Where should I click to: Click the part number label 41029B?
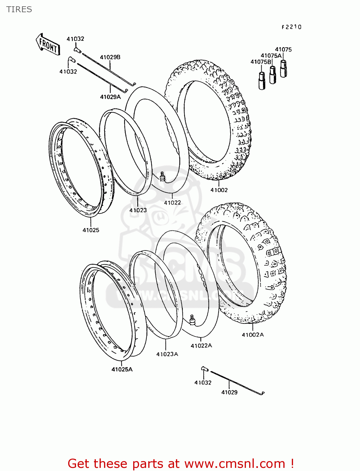point(110,57)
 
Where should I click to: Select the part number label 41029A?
point(110,97)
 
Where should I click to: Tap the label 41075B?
point(260,62)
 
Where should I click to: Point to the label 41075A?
point(271,56)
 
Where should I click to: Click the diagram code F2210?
point(291,27)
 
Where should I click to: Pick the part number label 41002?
point(219,190)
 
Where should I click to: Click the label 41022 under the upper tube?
point(172,203)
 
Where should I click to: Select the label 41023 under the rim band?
point(138,210)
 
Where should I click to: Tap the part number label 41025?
point(91,230)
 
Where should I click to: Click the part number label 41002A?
point(253,335)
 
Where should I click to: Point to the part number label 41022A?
point(201,346)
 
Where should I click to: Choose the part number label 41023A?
point(167,354)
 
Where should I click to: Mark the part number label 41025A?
point(122,370)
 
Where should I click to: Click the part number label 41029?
point(229,392)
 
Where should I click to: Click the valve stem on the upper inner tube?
point(162,176)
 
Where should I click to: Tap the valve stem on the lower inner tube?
point(192,320)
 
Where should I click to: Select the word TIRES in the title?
point(19,9)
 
